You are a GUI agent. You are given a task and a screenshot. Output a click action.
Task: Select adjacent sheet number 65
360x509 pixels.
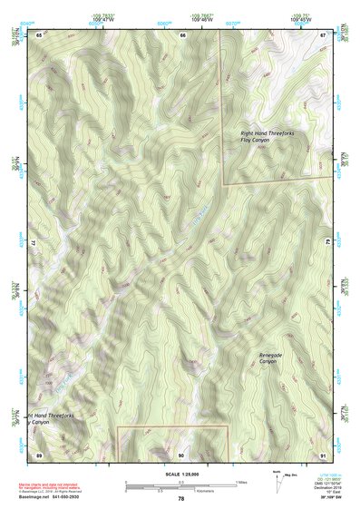point(39,34)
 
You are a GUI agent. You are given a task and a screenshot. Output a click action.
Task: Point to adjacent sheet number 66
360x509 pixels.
point(182,34)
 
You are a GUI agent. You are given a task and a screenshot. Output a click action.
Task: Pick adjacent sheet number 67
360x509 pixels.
point(323,34)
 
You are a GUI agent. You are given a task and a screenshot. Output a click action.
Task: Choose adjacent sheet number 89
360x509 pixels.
point(39,454)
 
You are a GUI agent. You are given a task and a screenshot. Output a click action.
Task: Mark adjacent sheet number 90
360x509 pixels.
point(181,454)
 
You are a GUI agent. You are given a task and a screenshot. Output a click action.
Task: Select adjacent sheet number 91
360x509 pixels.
point(323,454)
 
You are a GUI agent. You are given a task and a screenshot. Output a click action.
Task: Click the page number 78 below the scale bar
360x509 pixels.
point(181,499)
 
